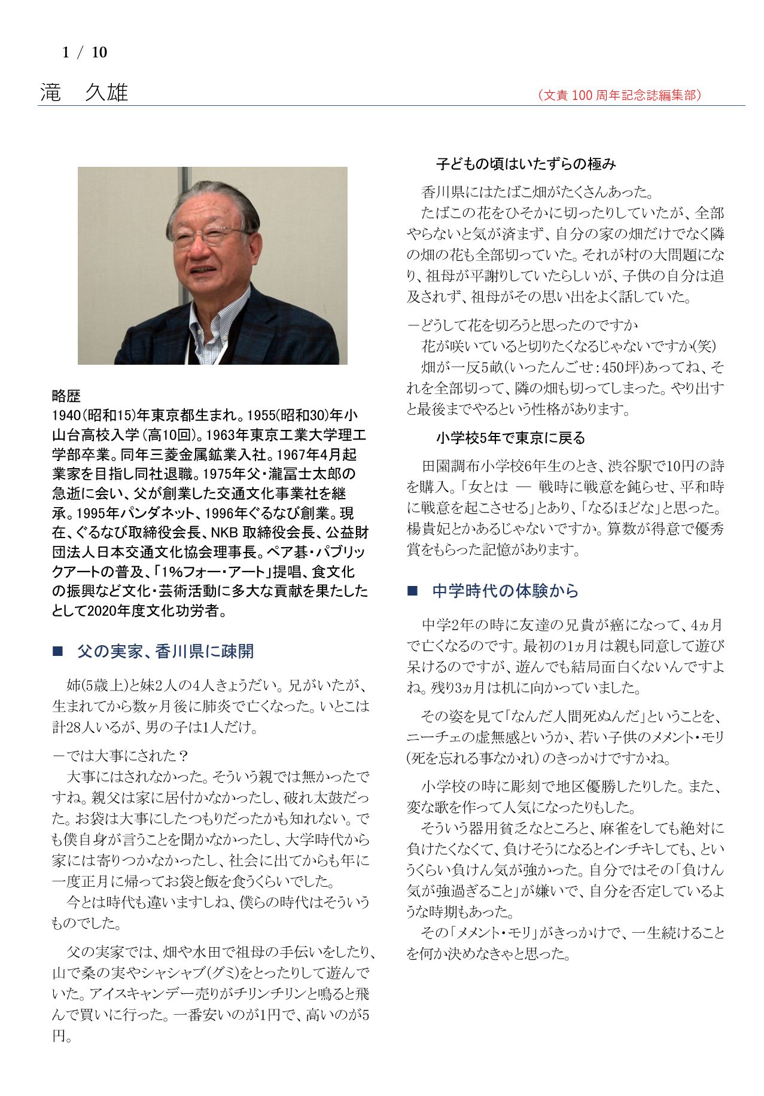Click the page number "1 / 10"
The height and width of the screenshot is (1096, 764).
click(84, 53)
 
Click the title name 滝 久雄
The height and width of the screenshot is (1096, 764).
click(84, 93)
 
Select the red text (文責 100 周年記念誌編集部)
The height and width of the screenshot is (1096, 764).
click(619, 95)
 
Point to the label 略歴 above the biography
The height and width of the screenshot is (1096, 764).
click(66, 396)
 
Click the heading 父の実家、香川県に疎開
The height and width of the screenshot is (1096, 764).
click(165, 651)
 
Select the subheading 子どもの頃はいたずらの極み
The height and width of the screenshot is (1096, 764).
click(525, 164)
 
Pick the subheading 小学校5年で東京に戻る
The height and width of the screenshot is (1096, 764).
click(510, 438)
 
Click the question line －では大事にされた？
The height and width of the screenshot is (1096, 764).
click(120, 756)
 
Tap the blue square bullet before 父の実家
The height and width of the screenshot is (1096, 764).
click(57, 651)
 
